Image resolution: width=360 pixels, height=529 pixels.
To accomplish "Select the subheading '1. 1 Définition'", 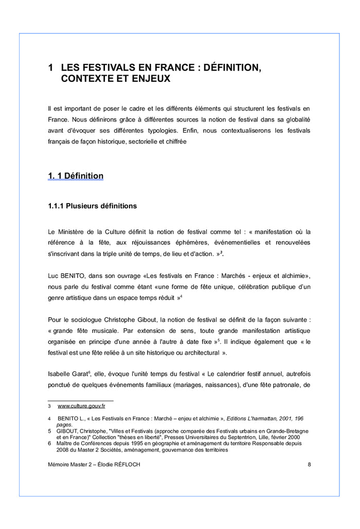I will click(x=76, y=176).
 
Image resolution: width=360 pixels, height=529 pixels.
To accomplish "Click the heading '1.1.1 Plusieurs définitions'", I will click(x=93, y=206).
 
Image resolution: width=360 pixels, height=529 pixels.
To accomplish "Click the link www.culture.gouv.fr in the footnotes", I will click(x=81, y=406).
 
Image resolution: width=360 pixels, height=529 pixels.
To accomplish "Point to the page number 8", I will click(x=309, y=465).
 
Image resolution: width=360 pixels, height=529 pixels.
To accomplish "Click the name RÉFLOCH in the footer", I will click(x=127, y=465).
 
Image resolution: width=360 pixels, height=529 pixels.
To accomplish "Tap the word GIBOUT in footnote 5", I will click(x=68, y=431).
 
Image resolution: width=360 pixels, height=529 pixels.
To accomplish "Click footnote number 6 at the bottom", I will click(x=49, y=443).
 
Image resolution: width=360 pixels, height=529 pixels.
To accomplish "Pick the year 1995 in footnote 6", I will click(x=134, y=443).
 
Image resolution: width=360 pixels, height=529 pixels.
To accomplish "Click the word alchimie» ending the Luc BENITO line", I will click(x=295, y=275).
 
